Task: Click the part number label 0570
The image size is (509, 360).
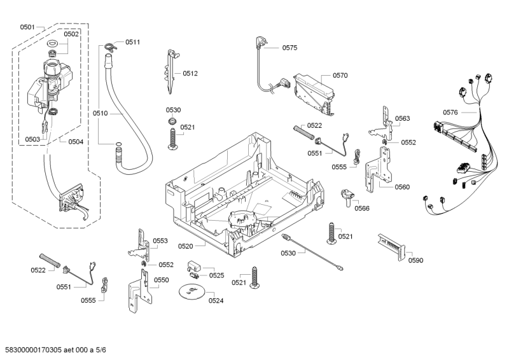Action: (x=340, y=75)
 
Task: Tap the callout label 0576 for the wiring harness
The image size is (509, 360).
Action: (x=450, y=112)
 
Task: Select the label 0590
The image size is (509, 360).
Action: (x=415, y=260)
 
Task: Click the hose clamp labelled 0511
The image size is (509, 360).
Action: (x=113, y=45)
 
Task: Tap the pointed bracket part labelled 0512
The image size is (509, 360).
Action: (x=171, y=70)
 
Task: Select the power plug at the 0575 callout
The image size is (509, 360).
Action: (x=261, y=43)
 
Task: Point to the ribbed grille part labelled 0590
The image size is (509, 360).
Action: (x=389, y=244)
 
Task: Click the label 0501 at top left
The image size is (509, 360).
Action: (x=27, y=27)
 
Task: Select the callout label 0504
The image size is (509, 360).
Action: (x=76, y=141)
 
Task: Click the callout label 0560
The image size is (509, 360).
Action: (x=402, y=187)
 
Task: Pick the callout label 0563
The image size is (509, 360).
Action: (x=402, y=118)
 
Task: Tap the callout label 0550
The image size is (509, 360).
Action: (x=161, y=280)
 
